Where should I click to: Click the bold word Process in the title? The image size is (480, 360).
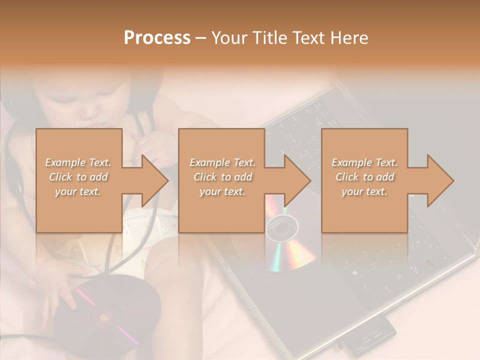click(x=157, y=38)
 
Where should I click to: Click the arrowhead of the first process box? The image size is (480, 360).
click(x=155, y=180)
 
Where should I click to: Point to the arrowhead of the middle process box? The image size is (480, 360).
click(x=297, y=180)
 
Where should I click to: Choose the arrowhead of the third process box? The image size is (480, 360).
click(x=440, y=180)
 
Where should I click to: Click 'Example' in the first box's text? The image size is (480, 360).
click(x=65, y=162)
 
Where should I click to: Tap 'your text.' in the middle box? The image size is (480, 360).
click(x=222, y=191)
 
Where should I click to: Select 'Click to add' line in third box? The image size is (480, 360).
click(x=364, y=177)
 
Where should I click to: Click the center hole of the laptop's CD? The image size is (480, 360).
click(x=281, y=229)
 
